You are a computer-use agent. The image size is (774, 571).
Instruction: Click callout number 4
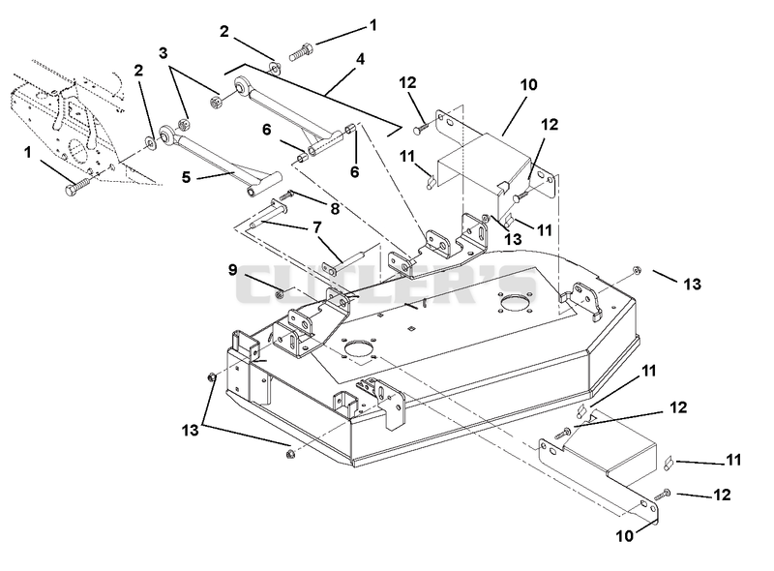tap(360, 59)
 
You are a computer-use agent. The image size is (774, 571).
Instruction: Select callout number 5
tap(186, 177)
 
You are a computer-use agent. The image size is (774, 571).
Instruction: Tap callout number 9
tap(232, 270)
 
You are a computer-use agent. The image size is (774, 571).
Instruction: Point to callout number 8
tap(335, 208)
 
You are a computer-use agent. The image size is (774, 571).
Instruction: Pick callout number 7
tap(317, 227)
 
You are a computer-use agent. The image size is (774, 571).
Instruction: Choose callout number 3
tap(164, 53)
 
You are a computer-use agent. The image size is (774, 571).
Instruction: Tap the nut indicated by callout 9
tap(280, 294)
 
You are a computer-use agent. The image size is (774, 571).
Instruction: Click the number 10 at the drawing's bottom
tap(624, 536)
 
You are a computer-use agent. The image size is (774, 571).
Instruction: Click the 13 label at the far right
tap(692, 284)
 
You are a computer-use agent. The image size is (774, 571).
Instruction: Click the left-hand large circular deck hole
tap(359, 348)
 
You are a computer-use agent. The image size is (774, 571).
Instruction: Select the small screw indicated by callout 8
tap(286, 195)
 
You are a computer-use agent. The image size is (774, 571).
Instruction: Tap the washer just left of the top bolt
tap(275, 68)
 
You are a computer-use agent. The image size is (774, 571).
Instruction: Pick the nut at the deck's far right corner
tap(637, 270)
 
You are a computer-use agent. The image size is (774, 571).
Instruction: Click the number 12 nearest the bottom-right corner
tap(722, 495)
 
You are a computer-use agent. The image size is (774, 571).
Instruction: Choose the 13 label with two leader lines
tap(190, 431)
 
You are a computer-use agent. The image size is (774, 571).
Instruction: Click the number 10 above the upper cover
tap(528, 84)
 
